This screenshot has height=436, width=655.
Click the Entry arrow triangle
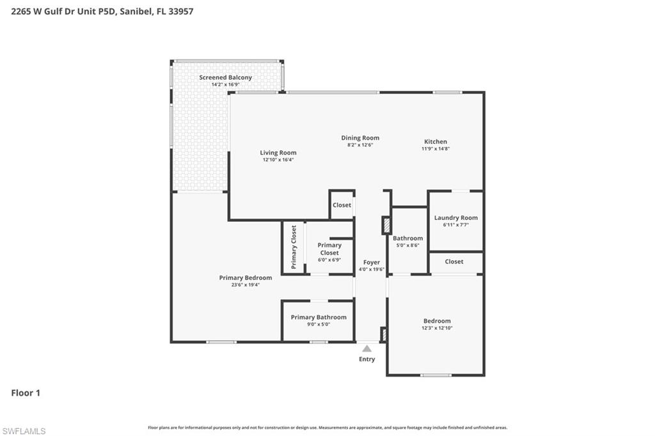pyautogui.click(x=367, y=348)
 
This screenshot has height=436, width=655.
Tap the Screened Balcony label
pyautogui.click(x=225, y=77)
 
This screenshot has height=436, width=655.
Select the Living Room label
pyautogui.click(x=278, y=153)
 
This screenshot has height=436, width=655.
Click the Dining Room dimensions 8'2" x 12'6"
pyautogui.click(x=360, y=145)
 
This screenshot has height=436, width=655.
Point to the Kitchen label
pyautogui.click(x=436, y=141)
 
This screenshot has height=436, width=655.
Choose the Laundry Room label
pyautogui.click(x=455, y=217)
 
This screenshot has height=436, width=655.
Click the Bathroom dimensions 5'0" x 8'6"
pyautogui.click(x=407, y=245)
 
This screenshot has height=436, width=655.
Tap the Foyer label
pyautogui.click(x=371, y=262)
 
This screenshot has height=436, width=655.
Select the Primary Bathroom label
pyautogui.click(x=319, y=317)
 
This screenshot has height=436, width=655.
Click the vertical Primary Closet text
pyautogui.click(x=294, y=247)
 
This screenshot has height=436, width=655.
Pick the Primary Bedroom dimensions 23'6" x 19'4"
pyautogui.click(x=245, y=284)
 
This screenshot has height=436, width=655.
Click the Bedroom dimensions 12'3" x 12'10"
pyautogui.click(x=437, y=328)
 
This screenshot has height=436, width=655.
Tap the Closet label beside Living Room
pyautogui.click(x=342, y=205)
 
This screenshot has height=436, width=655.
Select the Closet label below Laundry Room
pyautogui.click(x=454, y=261)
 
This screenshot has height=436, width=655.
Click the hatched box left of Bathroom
pyautogui.click(x=386, y=226)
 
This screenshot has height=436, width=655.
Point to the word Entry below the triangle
pyautogui.click(x=367, y=359)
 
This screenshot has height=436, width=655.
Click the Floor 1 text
pyautogui.click(x=26, y=393)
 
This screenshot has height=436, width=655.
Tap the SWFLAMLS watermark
pyautogui.click(x=24, y=431)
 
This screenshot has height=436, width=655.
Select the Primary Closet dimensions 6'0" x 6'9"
pyautogui.click(x=329, y=260)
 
